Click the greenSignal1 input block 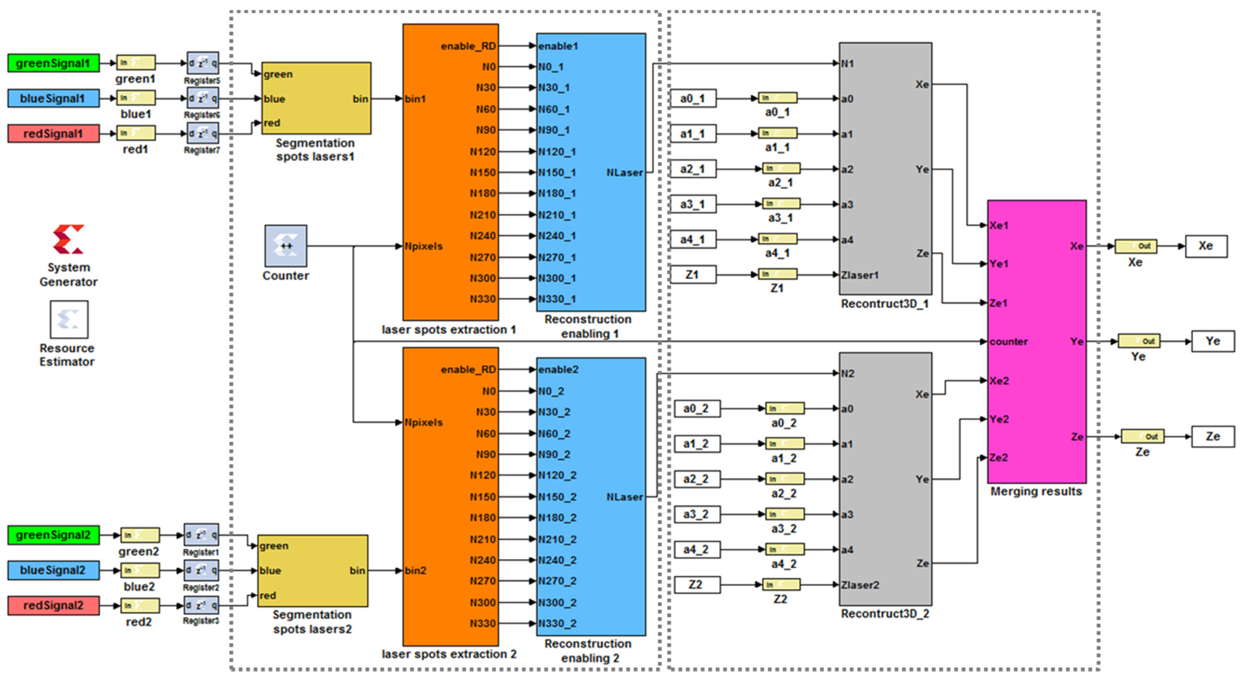coord(53,63)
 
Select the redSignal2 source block coord(53,606)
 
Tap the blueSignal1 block coord(53,99)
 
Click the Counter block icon coord(285,246)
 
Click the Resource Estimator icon coord(69,320)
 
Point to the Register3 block coord(201,605)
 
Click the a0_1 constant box coord(693,99)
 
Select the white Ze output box coord(1212,437)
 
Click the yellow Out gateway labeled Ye coord(1139,341)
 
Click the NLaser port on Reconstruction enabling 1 coord(624,173)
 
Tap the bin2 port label coord(415,571)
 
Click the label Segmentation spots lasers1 coord(315,150)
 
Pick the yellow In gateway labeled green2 coord(140,535)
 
